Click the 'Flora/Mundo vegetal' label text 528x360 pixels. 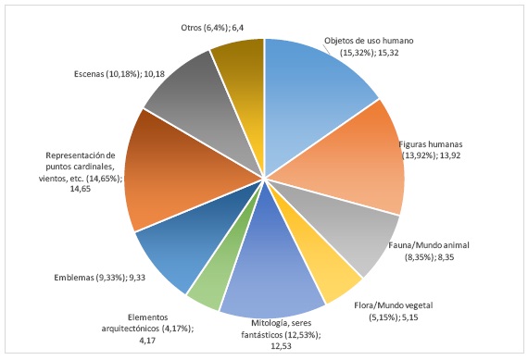(x=408, y=310)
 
